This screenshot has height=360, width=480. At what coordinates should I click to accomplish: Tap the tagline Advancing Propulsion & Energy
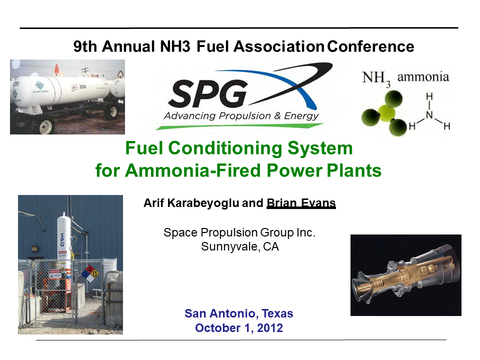pyautogui.click(x=241, y=116)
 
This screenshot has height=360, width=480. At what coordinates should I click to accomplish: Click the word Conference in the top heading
pyautogui.click(x=370, y=47)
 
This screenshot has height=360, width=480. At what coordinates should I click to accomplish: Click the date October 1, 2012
pyautogui.click(x=239, y=328)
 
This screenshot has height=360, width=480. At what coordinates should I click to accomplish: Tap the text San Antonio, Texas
pyautogui.click(x=239, y=314)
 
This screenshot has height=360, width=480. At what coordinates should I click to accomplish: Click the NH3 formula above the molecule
pyautogui.click(x=376, y=78)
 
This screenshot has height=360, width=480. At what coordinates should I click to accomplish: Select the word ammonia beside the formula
pyautogui.click(x=423, y=77)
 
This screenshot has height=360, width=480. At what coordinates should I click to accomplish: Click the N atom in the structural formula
pyautogui.click(x=429, y=115)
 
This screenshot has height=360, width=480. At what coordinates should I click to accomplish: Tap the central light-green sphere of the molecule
pyautogui.click(x=385, y=111)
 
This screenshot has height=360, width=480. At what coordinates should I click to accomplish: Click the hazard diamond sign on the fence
pyautogui.click(x=90, y=273)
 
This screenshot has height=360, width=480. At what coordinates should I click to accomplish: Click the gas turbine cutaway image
pyautogui.click(x=405, y=275)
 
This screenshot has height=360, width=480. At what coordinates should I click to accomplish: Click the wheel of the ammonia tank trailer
pyautogui.click(x=46, y=125)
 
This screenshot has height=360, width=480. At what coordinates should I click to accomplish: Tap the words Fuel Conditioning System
pyautogui.click(x=238, y=148)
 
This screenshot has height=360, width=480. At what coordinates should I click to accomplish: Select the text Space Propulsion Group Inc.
pyautogui.click(x=240, y=232)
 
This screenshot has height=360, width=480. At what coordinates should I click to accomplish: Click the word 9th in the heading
pyautogui.click(x=86, y=47)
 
